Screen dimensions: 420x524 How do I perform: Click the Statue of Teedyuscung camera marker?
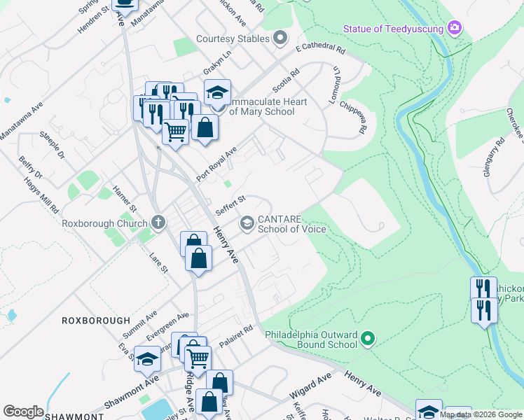(455, 28)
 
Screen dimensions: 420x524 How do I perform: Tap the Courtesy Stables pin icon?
(281, 38)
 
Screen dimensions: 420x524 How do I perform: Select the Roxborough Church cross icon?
(158, 223)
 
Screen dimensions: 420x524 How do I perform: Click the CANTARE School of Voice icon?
(247, 223)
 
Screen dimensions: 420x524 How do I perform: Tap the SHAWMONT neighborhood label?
(74, 416)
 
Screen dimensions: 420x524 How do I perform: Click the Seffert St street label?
(229, 205)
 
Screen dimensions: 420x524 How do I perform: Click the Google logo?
(23, 412)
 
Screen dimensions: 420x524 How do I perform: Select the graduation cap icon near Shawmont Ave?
(147, 359)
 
